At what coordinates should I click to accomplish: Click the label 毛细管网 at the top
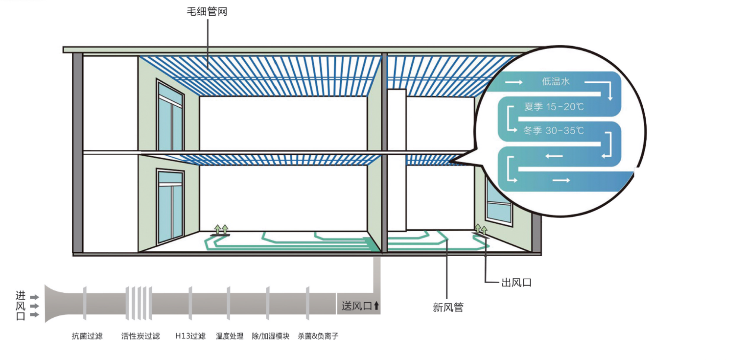pos(207,12)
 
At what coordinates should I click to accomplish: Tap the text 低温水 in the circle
pos(556,82)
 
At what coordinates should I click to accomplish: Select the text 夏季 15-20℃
pos(554,107)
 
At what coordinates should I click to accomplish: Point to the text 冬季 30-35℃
pos(554,130)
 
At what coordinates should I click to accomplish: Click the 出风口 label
pos(516,283)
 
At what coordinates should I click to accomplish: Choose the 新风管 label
pos(448,307)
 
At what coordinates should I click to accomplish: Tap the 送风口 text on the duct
pos(357,306)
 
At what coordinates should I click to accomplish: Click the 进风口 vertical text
pos(21,306)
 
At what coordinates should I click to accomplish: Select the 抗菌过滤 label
pos(87,336)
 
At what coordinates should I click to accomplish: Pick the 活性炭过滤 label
pos(140,336)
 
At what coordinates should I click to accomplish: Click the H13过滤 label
pos(190,336)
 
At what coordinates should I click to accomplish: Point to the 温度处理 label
pos(230,336)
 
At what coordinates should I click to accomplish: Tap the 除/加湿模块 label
pos(271,336)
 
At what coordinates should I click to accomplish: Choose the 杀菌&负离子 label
pos(318,336)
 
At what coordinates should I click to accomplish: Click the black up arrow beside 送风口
pos(376,306)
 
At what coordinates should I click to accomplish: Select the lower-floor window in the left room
pos(170,206)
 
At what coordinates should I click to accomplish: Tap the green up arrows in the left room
pos(221,229)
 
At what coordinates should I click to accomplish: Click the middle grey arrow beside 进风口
pos(35,306)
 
